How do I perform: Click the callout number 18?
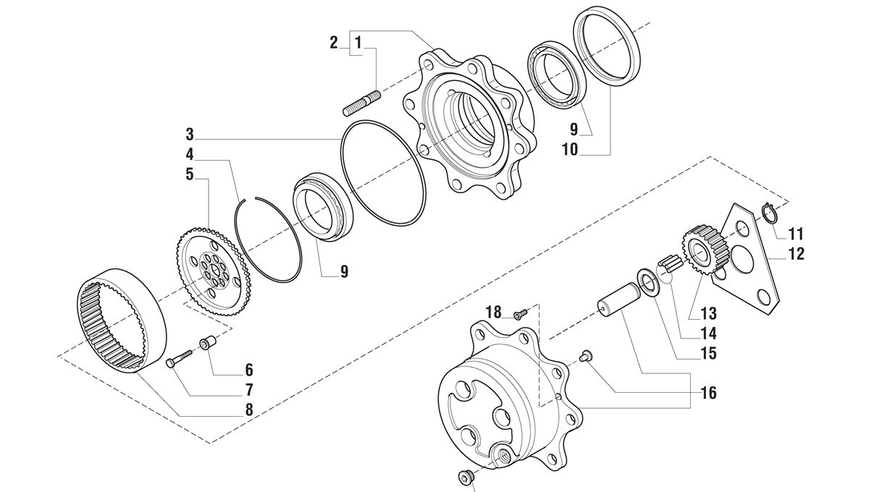coord(493,312)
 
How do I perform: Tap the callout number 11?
coord(797,234)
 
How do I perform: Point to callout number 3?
coord(190,135)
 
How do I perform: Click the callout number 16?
coord(708,393)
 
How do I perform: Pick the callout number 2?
coord(334,42)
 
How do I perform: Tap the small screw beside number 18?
coord(519,315)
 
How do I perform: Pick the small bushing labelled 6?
coord(209,343)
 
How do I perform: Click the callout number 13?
coord(708,313)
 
